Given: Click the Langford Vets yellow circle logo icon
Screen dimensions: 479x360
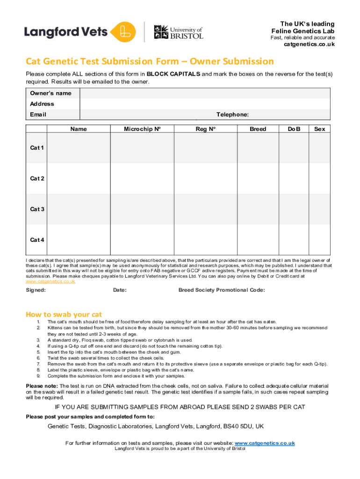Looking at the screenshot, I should tap(123, 32).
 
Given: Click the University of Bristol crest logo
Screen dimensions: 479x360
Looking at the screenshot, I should tap(160, 32).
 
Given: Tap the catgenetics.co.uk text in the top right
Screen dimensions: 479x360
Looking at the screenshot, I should tap(309, 44).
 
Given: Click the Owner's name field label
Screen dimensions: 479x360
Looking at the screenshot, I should tap(50, 93).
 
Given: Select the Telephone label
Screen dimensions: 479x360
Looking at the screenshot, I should tap(232, 115).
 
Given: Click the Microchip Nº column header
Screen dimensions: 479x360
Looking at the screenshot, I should tap(142, 129).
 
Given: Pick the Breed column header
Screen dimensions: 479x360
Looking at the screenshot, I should tap(258, 129).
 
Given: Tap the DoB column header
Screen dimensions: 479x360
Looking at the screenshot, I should tap(295, 129).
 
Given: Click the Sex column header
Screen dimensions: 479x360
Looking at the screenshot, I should tap(320, 129).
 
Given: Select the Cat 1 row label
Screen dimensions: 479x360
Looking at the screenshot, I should tap(37, 148).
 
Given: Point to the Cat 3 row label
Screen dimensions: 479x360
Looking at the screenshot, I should tap(37, 209).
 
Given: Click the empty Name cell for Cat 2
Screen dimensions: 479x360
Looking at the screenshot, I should tap(78, 178).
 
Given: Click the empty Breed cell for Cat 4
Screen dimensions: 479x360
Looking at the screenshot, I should tap(258, 239).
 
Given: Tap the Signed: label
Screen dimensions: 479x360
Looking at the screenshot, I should tap(36, 290).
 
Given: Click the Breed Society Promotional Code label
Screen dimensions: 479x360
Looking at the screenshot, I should tap(222, 290).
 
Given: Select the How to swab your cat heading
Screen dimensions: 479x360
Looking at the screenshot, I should tap(64, 314).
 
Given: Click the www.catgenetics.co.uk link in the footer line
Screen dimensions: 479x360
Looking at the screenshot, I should tap(264, 443).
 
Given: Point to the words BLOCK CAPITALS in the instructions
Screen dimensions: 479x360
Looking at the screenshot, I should tap(173, 74).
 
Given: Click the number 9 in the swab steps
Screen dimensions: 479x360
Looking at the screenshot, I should tap(38, 376).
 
